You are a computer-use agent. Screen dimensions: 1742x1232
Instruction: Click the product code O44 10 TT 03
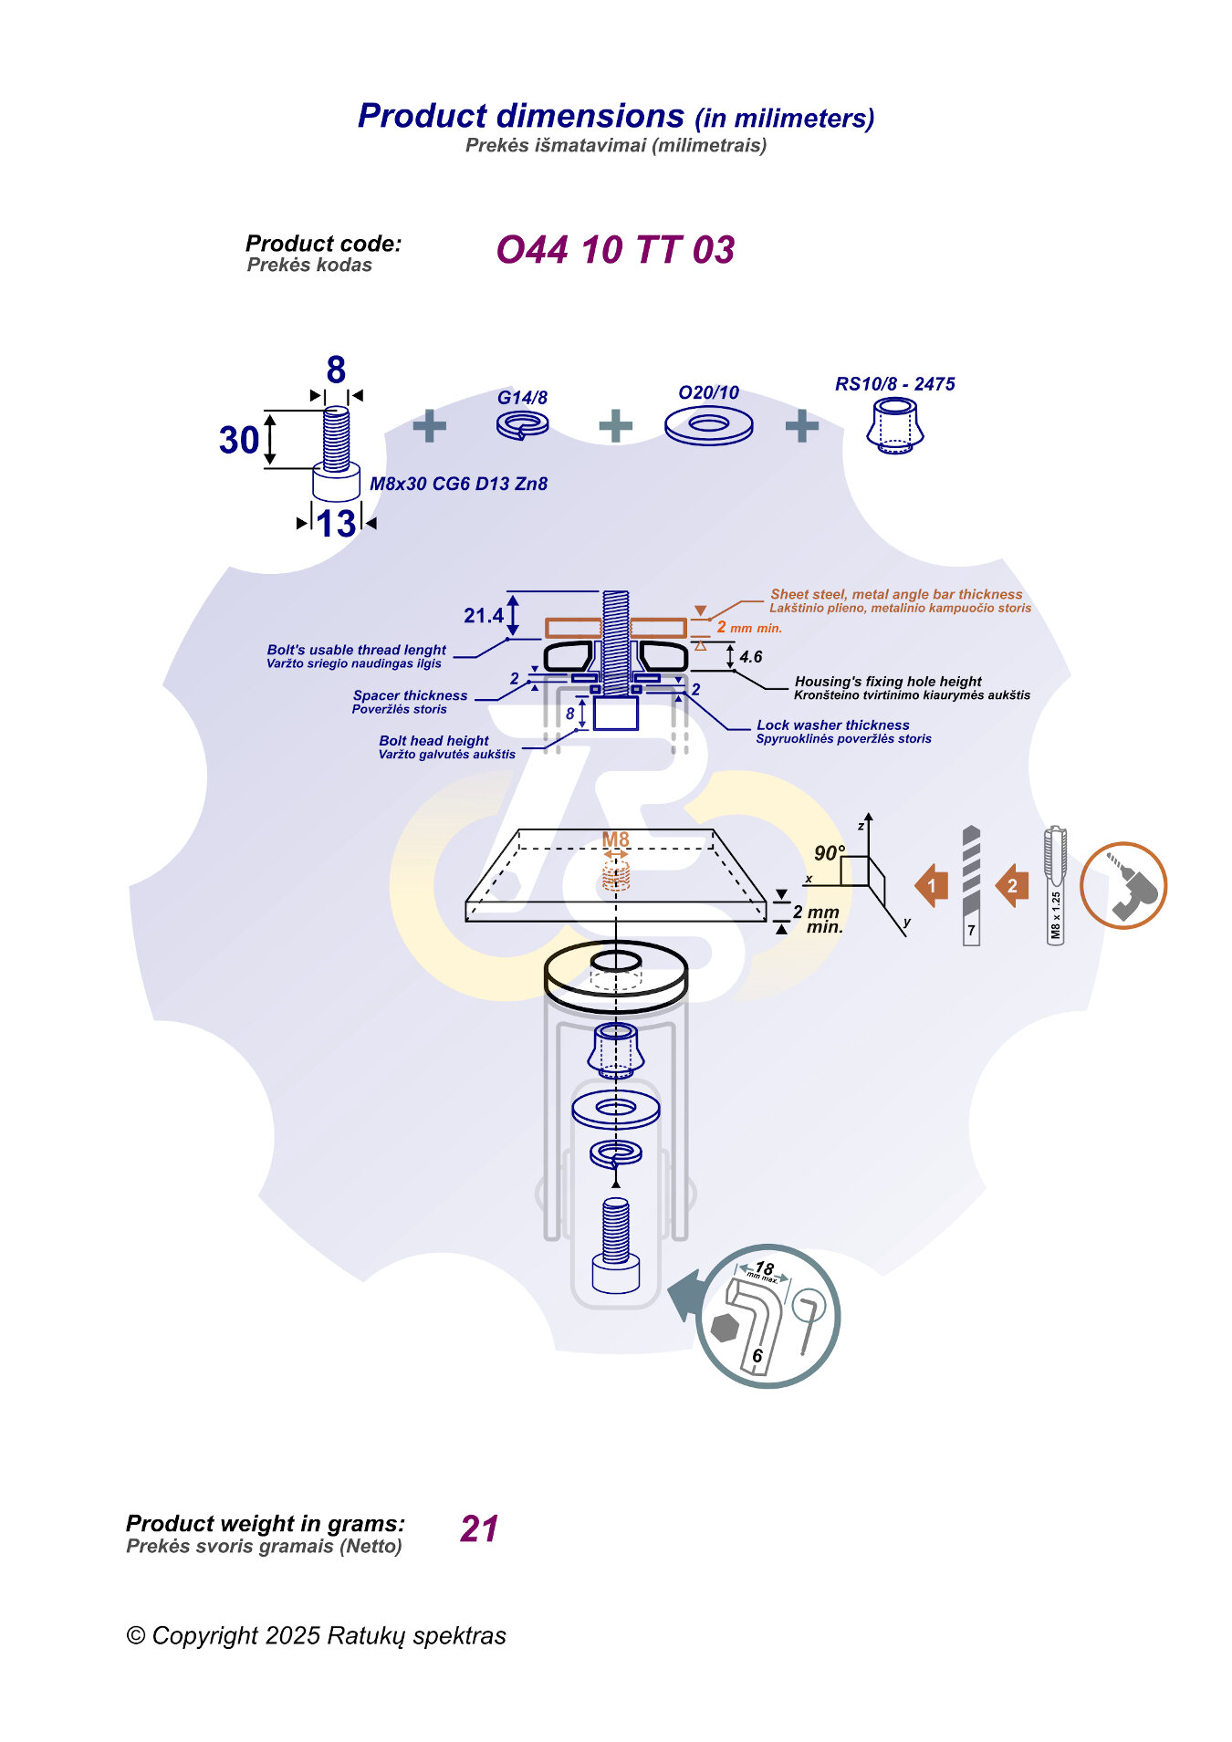(615, 250)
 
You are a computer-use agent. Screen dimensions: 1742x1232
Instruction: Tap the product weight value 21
(479, 1528)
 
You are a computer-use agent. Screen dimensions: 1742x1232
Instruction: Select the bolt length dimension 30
(239, 440)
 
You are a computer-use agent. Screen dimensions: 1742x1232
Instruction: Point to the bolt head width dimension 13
(336, 524)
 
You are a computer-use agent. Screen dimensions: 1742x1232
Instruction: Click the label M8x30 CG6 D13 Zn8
(458, 484)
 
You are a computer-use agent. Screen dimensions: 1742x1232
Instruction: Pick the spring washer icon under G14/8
(522, 424)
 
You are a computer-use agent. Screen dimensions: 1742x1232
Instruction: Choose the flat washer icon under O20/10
(709, 425)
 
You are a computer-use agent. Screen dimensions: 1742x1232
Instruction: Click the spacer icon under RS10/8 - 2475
(895, 426)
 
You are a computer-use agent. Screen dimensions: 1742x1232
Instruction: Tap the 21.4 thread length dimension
(483, 616)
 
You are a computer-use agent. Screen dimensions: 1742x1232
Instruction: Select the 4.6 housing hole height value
(751, 656)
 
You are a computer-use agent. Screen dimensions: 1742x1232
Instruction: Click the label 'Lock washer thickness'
(832, 725)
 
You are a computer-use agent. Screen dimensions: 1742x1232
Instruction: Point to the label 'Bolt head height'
(433, 740)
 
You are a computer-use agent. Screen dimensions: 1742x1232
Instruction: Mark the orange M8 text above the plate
(616, 840)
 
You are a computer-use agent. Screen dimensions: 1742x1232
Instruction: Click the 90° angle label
(829, 853)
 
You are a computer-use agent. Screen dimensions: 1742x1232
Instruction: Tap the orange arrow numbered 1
(932, 885)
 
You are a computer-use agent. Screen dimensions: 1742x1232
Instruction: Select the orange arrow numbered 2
(1012, 885)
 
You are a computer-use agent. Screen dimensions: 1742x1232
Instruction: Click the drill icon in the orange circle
(1123, 885)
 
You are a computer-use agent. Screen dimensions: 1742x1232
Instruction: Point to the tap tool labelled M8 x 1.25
(1055, 885)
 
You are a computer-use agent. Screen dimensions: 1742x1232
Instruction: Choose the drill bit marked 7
(971, 885)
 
